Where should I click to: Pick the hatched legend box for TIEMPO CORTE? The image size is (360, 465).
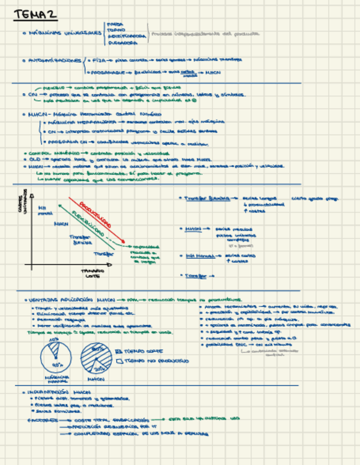[121, 351]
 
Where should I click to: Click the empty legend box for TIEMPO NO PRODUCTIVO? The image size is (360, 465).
[121, 361]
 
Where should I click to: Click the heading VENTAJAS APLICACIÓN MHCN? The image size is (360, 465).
[72, 300]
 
